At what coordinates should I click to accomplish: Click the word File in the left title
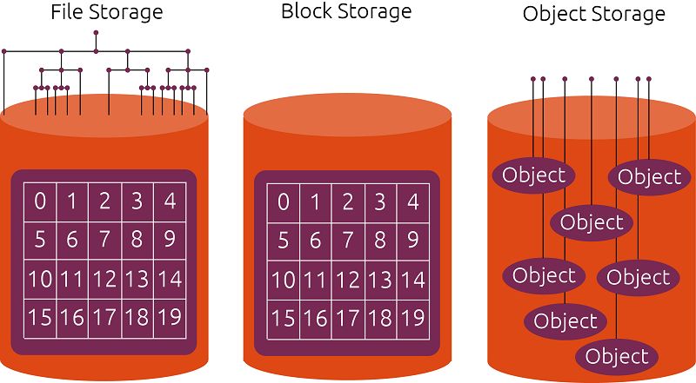click(x=69, y=13)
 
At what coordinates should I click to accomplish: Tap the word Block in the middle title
click(x=304, y=12)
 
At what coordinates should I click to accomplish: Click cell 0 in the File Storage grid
click(x=40, y=202)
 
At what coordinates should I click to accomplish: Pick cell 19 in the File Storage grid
click(x=169, y=317)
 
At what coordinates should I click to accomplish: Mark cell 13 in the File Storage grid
click(x=137, y=279)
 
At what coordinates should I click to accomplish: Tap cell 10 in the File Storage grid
click(x=40, y=279)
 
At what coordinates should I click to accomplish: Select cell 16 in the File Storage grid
click(x=72, y=317)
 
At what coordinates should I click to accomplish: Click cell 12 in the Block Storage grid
click(x=348, y=279)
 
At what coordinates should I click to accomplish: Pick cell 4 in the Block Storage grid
click(x=412, y=202)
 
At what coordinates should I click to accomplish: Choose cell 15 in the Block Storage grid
click(x=284, y=317)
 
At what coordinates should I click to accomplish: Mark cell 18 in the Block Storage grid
click(x=380, y=317)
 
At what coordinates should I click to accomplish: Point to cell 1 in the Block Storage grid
click(x=316, y=202)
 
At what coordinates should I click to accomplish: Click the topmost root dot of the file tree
click(x=96, y=33)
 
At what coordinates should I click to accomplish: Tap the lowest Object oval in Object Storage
click(x=617, y=356)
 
